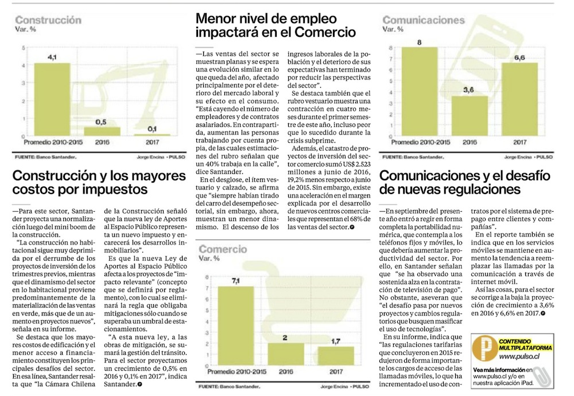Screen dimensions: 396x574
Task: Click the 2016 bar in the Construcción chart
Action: click(x=100, y=131)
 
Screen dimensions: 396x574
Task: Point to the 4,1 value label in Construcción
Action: click(x=52, y=57)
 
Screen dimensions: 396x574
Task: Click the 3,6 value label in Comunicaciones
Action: click(x=469, y=90)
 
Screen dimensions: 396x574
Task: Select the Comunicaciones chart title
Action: click(x=424, y=20)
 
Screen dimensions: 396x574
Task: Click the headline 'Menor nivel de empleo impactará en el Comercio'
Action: click(x=276, y=25)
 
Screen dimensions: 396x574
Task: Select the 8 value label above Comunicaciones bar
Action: click(x=420, y=42)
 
